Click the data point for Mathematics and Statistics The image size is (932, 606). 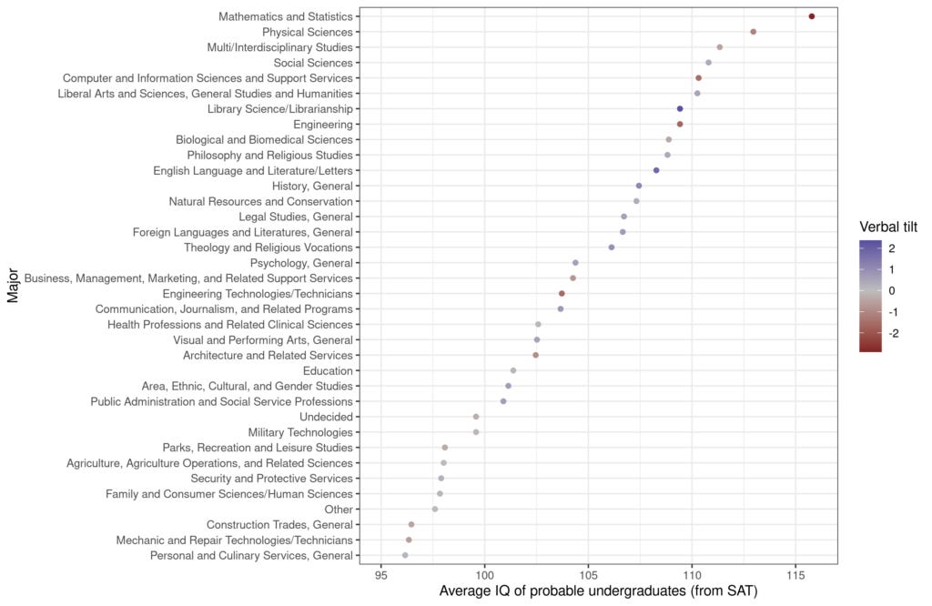point(811,16)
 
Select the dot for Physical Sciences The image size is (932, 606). point(753,32)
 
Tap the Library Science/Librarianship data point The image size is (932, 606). point(680,108)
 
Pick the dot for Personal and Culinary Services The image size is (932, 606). point(405,555)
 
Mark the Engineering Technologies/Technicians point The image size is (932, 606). point(562,293)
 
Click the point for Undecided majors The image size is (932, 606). point(476,417)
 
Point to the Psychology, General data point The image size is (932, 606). point(575,263)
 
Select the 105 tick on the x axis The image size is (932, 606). point(588,575)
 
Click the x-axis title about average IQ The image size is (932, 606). point(598,592)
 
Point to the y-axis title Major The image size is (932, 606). point(12,285)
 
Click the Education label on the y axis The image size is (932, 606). point(328,370)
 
